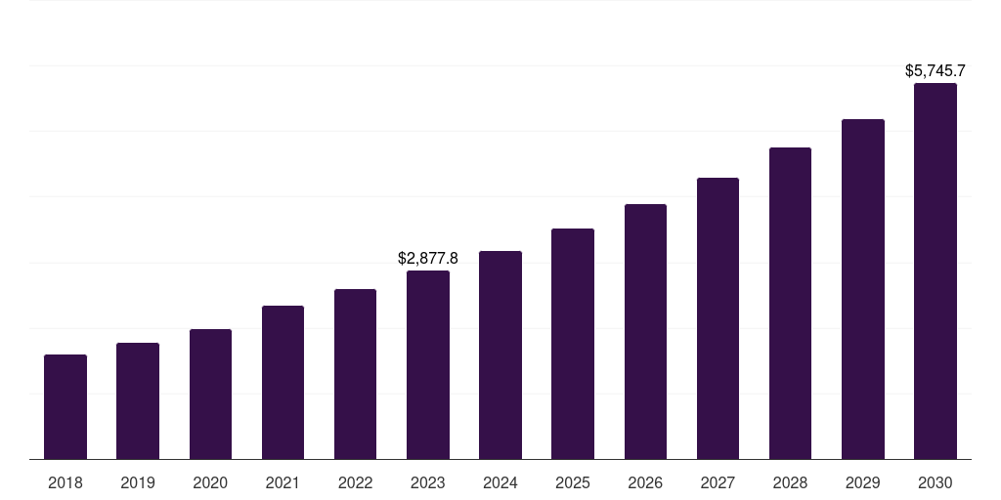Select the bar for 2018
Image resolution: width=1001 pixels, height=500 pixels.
tap(65, 407)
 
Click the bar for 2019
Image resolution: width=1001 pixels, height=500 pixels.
tap(138, 401)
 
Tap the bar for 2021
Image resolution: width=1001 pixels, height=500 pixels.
tap(283, 383)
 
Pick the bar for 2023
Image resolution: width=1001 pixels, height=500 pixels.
tap(428, 365)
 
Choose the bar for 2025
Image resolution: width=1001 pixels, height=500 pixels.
tap(573, 344)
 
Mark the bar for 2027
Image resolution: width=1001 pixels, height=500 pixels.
tap(718, 318)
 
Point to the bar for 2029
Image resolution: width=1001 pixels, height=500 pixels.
tap(863, 289)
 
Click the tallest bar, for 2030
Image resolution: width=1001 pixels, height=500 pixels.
tap(936, 271)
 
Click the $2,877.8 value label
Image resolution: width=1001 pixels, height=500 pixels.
tap(428, 258)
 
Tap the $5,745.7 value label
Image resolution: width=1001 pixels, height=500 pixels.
tap(936, 70)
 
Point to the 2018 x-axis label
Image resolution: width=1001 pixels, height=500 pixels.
tap(65, 483)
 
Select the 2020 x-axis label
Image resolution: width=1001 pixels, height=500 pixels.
tap(210, 483)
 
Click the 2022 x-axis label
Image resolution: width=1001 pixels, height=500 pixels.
tap(355, 483)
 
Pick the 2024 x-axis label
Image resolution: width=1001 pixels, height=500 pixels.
tap(500, 483)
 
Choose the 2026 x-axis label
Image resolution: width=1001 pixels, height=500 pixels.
tap(645, 483)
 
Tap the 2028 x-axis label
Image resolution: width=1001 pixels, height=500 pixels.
tap(790, 483)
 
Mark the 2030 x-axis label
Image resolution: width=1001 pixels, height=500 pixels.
tap(936, 483)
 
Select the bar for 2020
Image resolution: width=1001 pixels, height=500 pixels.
tap(211, 395)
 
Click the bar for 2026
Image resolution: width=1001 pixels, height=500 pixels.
tap(645, 332)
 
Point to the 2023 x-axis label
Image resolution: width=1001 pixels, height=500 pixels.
tap(428, 483)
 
